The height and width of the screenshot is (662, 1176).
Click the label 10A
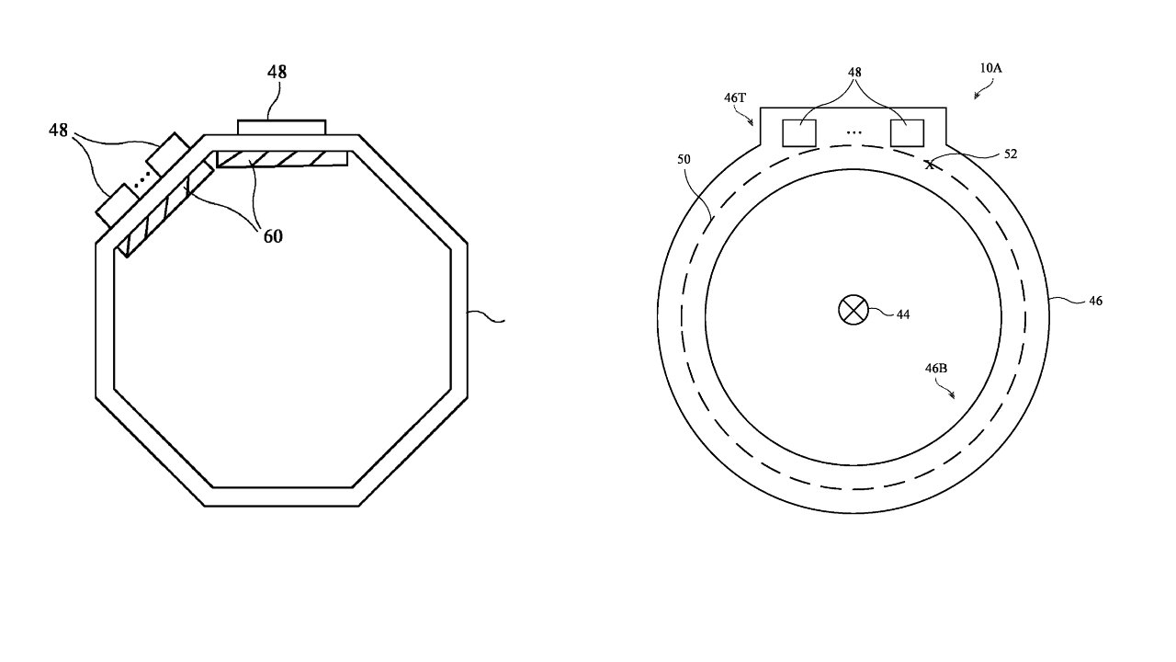pyautogui.click(x=990, y=68)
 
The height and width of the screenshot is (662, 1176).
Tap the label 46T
pyautogui.click(x=735, y=97)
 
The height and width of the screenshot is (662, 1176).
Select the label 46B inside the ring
pyautogui.click(x=936, y=369)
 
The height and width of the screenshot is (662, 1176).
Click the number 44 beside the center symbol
pyautogui.click(x=903, y=314)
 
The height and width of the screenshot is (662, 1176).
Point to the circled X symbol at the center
pyautogui.click(x=854, y=310)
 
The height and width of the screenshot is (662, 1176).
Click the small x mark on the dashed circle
pyautogui.click(x=930, y=165)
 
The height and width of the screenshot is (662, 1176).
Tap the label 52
pyautogui.click(x=1011, y=154)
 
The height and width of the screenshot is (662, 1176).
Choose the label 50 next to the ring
pyautogui.click(x=684, y=159)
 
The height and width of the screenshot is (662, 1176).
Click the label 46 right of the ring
pyautogui.click(x=1096, y=301)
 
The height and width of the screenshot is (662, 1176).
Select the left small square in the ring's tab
pyautogui.click(x=799, y=133)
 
